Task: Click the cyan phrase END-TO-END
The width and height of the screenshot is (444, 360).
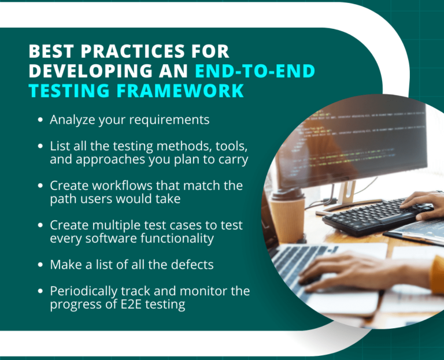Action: [255, 72]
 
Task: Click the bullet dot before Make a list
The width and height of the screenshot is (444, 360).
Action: [40, 265]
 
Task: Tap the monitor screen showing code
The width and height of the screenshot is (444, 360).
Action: [353, 139]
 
